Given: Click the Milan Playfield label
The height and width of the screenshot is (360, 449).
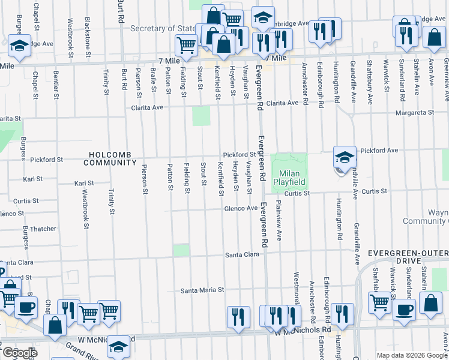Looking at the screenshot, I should coord(289,177).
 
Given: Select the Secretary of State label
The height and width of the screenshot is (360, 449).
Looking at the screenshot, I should coord(163,28).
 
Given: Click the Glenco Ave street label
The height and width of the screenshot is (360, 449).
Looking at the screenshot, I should coord(241,208).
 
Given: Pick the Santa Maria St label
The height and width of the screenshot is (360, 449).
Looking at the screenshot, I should coord(202,290).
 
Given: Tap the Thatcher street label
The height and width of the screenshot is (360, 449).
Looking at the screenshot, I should coord(43,229).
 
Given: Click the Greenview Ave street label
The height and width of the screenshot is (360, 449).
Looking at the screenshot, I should coord(446,72).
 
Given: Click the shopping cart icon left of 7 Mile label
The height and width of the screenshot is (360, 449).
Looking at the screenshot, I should coord(187,44).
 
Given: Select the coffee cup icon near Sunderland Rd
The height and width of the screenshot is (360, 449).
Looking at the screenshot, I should coord(403,310).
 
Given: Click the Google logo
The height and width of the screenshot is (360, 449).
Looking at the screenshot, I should coord(19,353).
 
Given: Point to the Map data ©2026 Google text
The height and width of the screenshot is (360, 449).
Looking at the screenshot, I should coord(412,355).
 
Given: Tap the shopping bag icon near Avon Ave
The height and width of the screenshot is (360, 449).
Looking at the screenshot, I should coord(433,37).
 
